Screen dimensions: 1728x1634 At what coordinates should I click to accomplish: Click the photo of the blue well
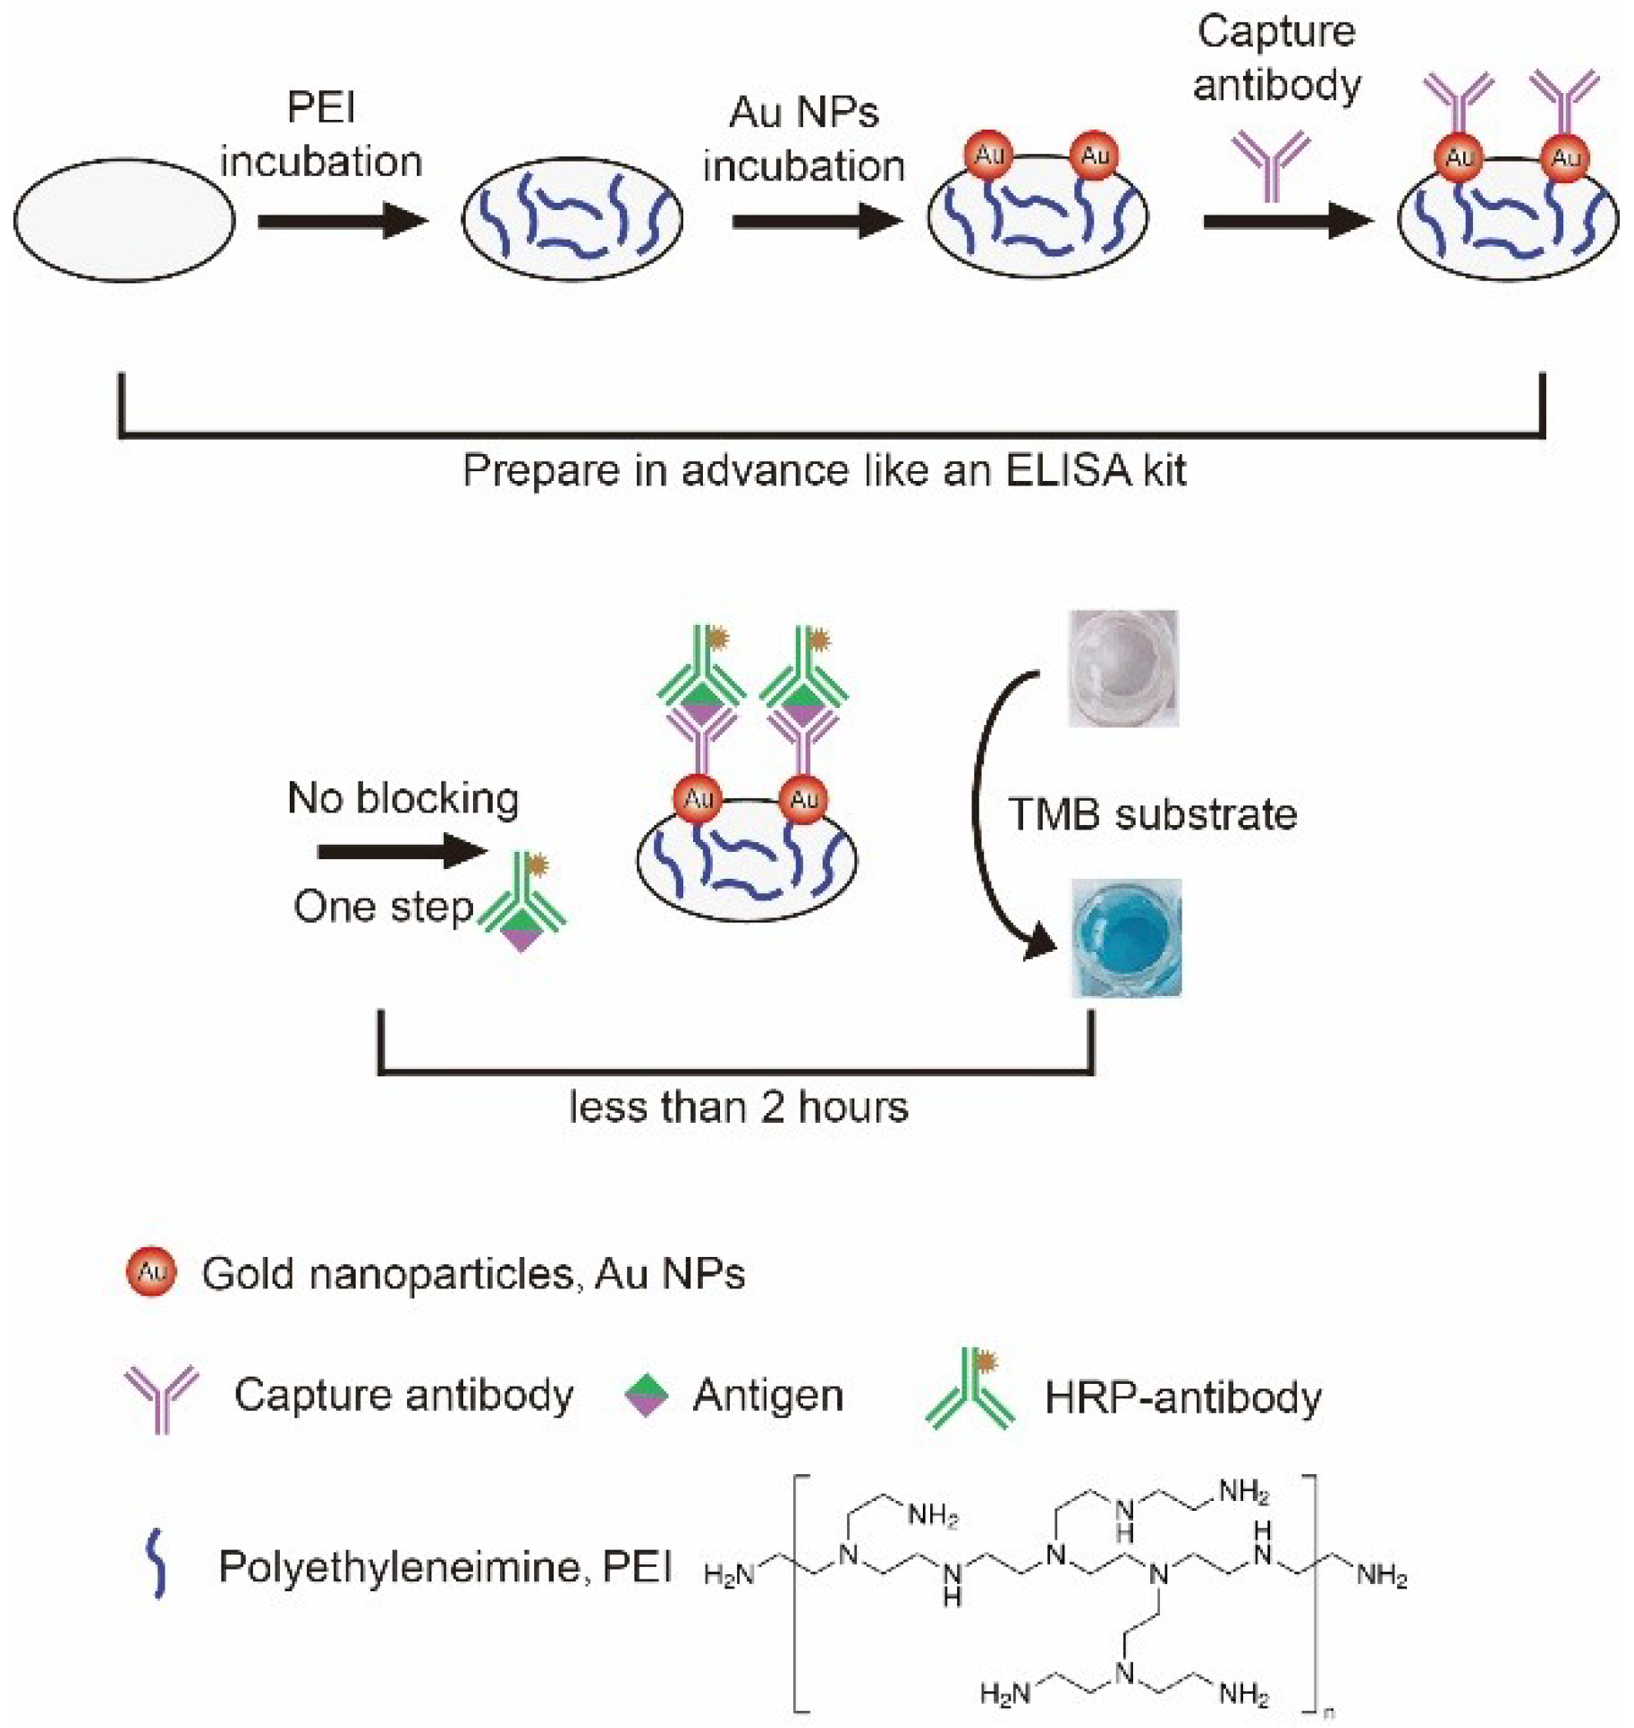tap(1126, 937)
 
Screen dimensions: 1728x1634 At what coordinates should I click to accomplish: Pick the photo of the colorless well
tap(1122, 668)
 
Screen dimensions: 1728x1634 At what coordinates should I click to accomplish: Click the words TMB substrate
tap(1152, 814)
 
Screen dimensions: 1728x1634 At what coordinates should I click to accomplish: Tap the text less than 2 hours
tap(739, 1107)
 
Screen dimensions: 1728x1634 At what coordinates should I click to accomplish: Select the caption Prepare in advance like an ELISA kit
tap(824, 470)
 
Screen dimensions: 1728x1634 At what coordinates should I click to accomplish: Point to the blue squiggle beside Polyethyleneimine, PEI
tap(157, 1564)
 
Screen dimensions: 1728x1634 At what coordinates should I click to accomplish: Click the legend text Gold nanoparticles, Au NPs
tap(473, 1273)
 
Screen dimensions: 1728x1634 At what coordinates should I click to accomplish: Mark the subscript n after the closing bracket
tap(1329, 1713)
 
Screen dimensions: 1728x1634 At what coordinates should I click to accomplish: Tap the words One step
tap(383, 906)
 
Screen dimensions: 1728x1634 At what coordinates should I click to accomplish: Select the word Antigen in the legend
tap(768, 1395)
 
